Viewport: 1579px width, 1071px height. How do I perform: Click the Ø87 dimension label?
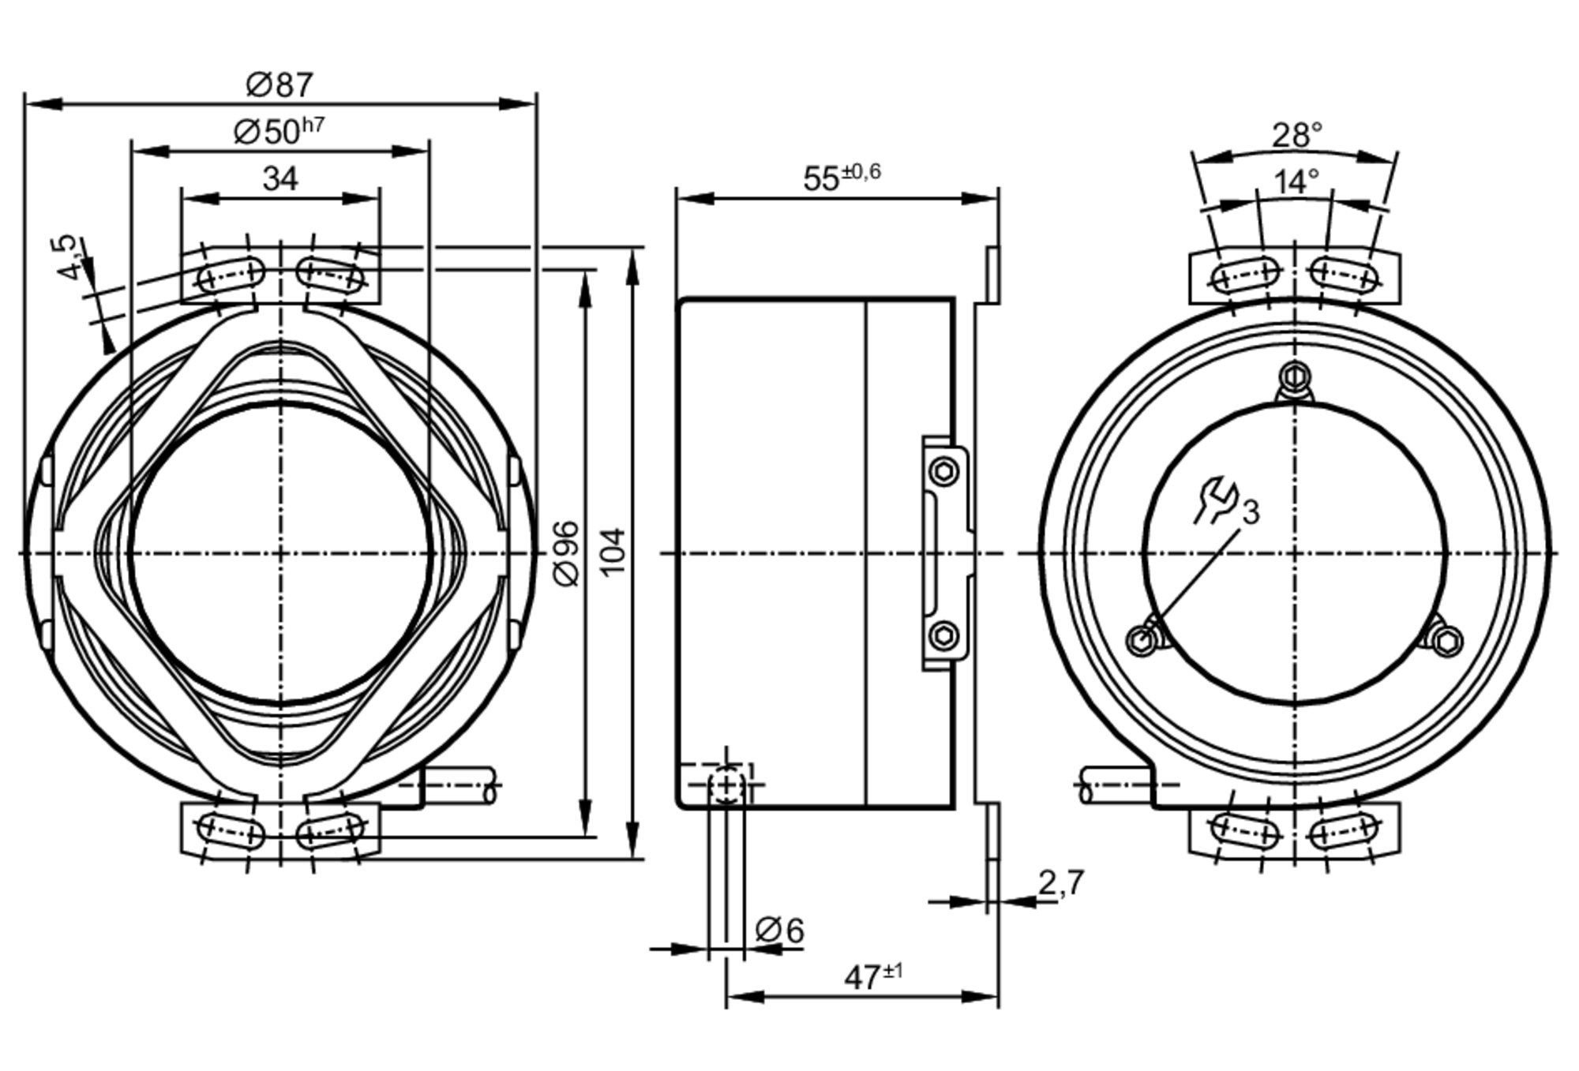279,84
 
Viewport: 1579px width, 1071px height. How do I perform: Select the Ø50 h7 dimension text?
279,131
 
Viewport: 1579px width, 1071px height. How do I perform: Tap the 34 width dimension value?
280,178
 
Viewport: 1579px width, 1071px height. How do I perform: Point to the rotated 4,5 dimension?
69,257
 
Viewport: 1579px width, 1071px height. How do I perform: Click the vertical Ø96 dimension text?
567,553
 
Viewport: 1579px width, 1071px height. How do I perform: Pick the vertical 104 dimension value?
613,552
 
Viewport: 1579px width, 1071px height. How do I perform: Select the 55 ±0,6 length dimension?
841,177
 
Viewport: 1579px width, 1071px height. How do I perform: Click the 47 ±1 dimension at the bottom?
872,976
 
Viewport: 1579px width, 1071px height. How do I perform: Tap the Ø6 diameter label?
779,930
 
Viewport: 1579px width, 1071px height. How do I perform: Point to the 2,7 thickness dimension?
1060,883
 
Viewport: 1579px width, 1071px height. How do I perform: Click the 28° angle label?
1296,136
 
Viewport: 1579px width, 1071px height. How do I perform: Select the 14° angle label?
1296,182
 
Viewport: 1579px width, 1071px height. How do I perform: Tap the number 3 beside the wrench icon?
1251,512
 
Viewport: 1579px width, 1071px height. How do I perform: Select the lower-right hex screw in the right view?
1446,641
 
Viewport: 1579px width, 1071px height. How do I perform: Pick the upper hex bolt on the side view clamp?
944,472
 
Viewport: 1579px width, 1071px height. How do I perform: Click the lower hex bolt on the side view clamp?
944,635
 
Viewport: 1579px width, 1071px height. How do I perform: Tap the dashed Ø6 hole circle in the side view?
726,785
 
